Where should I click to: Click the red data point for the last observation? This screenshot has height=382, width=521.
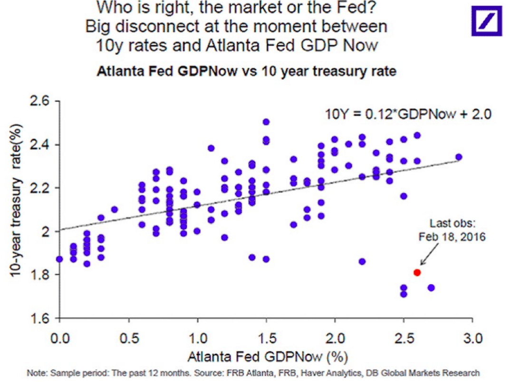pos(417,272)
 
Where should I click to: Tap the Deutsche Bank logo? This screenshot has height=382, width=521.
pos(486,20)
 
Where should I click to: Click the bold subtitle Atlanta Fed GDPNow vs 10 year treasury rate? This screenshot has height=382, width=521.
pos(247,72)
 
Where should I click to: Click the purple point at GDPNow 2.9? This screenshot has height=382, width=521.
pos(459,157)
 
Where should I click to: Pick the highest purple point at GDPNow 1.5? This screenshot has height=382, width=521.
pos(266,122)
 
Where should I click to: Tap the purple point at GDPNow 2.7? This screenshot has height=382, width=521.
pos(431,288)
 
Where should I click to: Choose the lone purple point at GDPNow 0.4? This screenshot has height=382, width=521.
pos(114,210)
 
